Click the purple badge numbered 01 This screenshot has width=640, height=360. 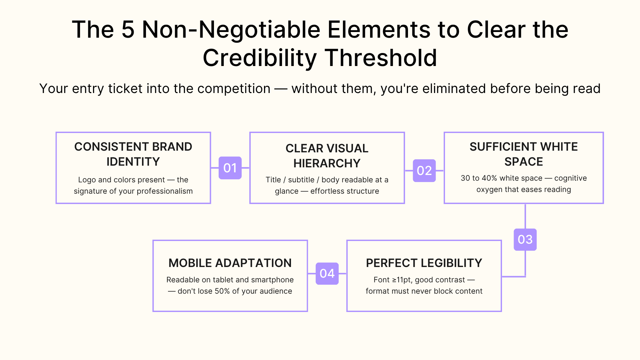[x=230, y=168]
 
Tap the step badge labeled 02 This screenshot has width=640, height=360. [x=424, y=171]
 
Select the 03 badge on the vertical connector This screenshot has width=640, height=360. [x=525, y=239]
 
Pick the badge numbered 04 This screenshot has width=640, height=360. [x=327, y=274]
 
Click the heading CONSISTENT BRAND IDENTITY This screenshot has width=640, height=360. [x=133, y=154]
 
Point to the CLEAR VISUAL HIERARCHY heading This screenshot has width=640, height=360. [x=327, y=156]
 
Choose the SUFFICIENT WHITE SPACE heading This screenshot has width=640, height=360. [x=523, y=154]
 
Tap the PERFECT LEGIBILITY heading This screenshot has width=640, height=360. [x=424, y=263]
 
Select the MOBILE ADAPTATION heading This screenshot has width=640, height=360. [x=230, y=263]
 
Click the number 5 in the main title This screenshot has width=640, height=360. [x=128, y=30]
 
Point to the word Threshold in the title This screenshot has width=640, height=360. [x=381, y=58]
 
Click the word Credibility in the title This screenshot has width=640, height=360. [x=260, y=58]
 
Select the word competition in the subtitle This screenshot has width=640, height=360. [x=234, y=89]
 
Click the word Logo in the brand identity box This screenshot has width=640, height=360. [x=87, y=180]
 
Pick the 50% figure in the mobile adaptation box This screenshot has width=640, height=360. [x=222, y=291]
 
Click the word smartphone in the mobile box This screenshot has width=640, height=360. [x=272, y=280]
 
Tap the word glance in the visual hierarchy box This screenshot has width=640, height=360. [x=286, y=191]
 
